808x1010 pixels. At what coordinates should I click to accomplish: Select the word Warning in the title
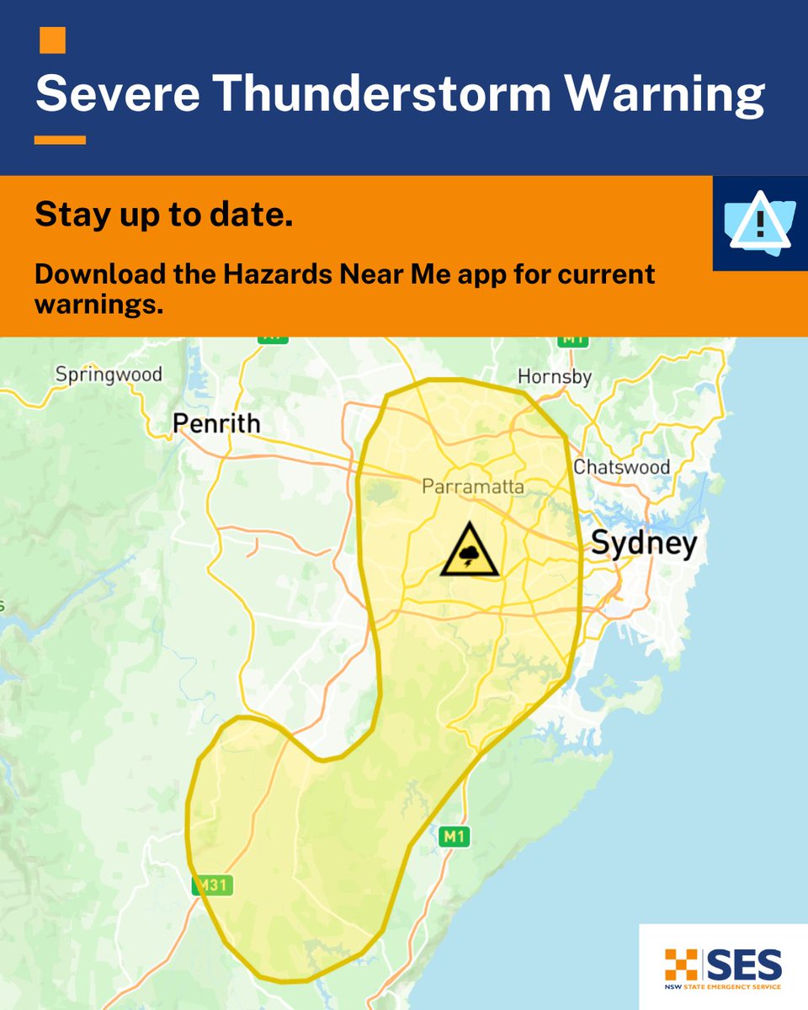point(665,94)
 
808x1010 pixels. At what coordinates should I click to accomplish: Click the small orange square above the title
point(52,40)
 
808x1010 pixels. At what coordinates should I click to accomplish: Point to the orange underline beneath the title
point(60,141)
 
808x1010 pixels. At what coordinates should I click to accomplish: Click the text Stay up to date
point(164,217)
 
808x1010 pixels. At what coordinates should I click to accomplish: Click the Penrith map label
point(216,423)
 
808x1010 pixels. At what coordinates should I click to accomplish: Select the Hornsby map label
point(555,376)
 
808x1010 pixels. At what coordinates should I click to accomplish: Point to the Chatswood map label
point(621,467)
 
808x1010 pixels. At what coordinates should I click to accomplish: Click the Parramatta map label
point(472,487)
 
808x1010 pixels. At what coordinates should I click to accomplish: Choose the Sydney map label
point(644,544)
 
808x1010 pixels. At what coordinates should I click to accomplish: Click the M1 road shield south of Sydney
point(453,837)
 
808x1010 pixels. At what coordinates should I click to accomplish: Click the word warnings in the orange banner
point(98,305)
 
